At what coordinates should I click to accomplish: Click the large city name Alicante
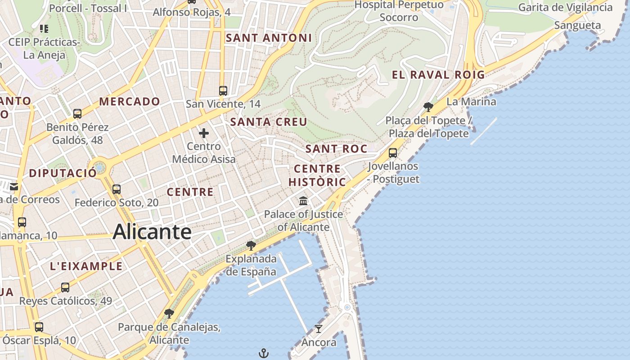pyautogui.click(x=152, y=232)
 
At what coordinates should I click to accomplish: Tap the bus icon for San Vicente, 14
pyautogui.click(x=223, y=90)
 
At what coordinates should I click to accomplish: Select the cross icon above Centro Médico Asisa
pyautogui.click(x=204, y=133)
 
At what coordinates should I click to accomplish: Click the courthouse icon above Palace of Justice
pyautogui.click(x=303, y=201)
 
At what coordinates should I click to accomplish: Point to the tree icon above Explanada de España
pyautogui.click(x=251, y=246)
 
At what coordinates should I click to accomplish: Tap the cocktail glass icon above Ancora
pyautogui.click(x=319, y=329)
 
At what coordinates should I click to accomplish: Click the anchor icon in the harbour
pyautogui.click(x=264, y=353)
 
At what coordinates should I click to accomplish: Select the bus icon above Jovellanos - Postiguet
pyautogui.click(x=393, y=153)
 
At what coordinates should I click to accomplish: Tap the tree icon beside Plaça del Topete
pyautogui.click(x=428, y=107)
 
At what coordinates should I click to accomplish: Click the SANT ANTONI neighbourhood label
pyautogui.click(x=269, y=38)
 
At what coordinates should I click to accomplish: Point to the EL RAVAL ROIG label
pyautogui.click(x=438, y=75)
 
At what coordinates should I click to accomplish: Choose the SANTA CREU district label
pyautogui.click(x=269, y=122)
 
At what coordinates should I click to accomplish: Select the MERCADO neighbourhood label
pyautogui.click(x=130, y=102)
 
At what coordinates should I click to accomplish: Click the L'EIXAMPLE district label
pyautogui.click(x=86, y=266)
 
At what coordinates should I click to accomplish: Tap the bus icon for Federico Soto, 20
pyautogui.click(x=117, y=189)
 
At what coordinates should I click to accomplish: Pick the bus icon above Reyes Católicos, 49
pyautogui.click(x=65, y=287)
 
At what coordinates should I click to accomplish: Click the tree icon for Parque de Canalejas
pyautogui.click(x=169, y=314)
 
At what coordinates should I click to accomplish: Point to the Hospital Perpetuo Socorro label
pyautogui.click(x=399, y=11)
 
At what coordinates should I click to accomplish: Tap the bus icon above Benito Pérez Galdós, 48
pyautogui.click(x=77, y=114)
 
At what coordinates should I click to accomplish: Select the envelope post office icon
pyautogui.click(x=14, y=186)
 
